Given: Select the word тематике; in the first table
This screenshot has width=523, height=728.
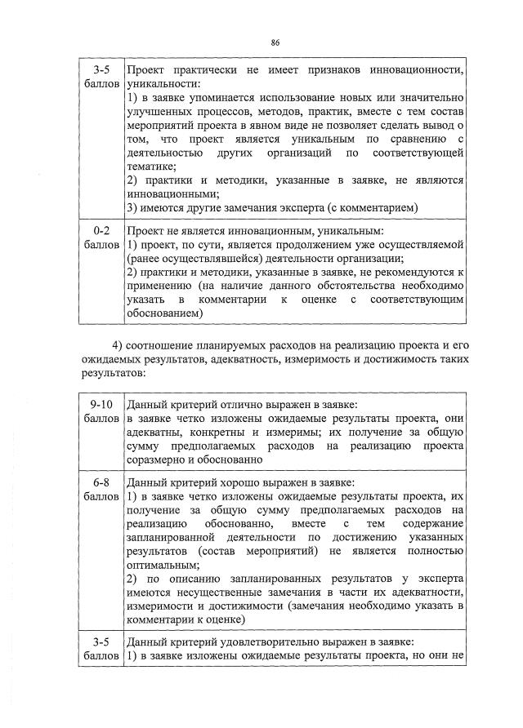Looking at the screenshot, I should click(152, 166).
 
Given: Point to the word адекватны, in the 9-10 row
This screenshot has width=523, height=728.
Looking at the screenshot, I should click(154, 432).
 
